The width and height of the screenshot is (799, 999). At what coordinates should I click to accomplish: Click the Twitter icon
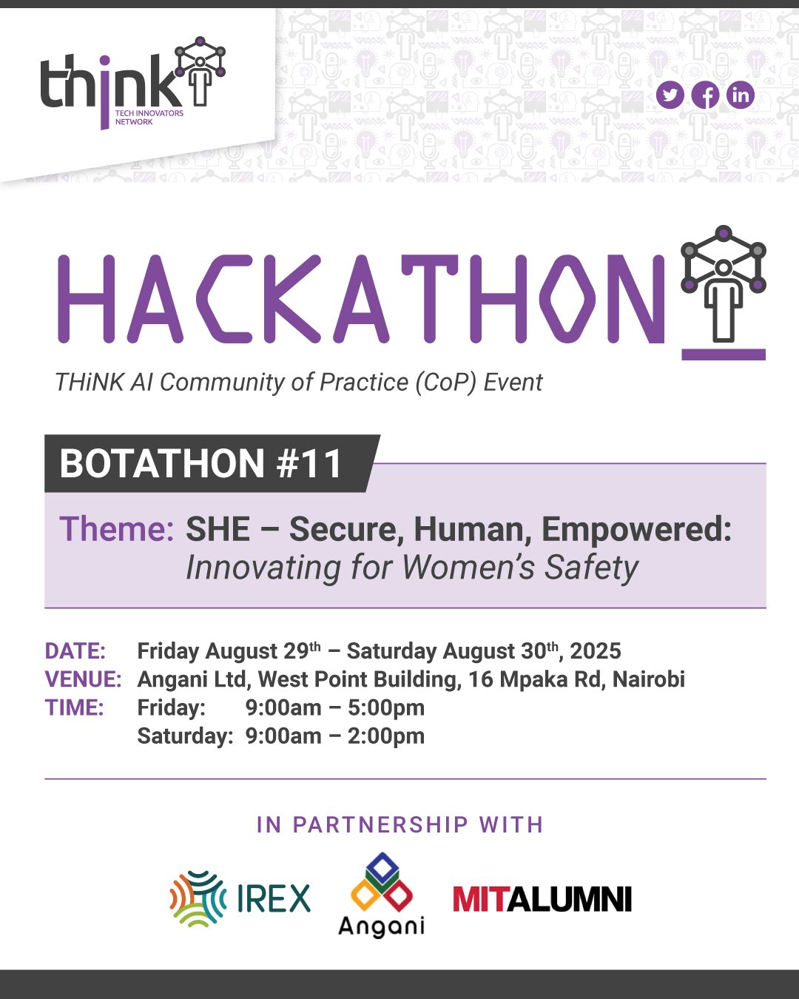point(670,95)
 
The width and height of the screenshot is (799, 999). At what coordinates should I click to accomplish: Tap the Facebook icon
point(705,95)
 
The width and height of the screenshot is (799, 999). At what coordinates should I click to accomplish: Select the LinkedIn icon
point(741,95)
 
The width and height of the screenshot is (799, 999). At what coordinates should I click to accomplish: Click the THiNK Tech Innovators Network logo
point(132,83)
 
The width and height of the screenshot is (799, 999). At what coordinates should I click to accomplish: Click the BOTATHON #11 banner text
point(200,463)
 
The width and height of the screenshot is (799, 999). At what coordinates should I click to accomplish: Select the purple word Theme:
point(117,529)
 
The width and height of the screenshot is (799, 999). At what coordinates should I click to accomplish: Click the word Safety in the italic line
point(591,568)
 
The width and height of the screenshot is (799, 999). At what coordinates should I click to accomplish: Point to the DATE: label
point(75,651)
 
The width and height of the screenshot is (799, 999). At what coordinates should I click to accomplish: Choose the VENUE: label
point(83,679)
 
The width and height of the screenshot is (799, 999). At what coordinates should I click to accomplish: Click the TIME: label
point(74,707)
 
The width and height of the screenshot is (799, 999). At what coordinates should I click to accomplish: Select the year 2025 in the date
point(596,651)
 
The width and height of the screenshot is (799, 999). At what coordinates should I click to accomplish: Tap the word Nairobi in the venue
point(649,679)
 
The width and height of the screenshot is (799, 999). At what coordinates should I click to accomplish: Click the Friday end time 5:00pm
point(386,708)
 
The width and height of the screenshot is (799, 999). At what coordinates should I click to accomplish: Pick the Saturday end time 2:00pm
point(386,736)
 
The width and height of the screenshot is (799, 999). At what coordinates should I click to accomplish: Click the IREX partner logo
point(240,898)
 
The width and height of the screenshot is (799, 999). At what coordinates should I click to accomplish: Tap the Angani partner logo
point(382,895)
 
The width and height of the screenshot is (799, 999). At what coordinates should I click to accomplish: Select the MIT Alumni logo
point(542,899)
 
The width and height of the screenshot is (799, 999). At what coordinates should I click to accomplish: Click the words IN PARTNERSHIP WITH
point(399,825)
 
